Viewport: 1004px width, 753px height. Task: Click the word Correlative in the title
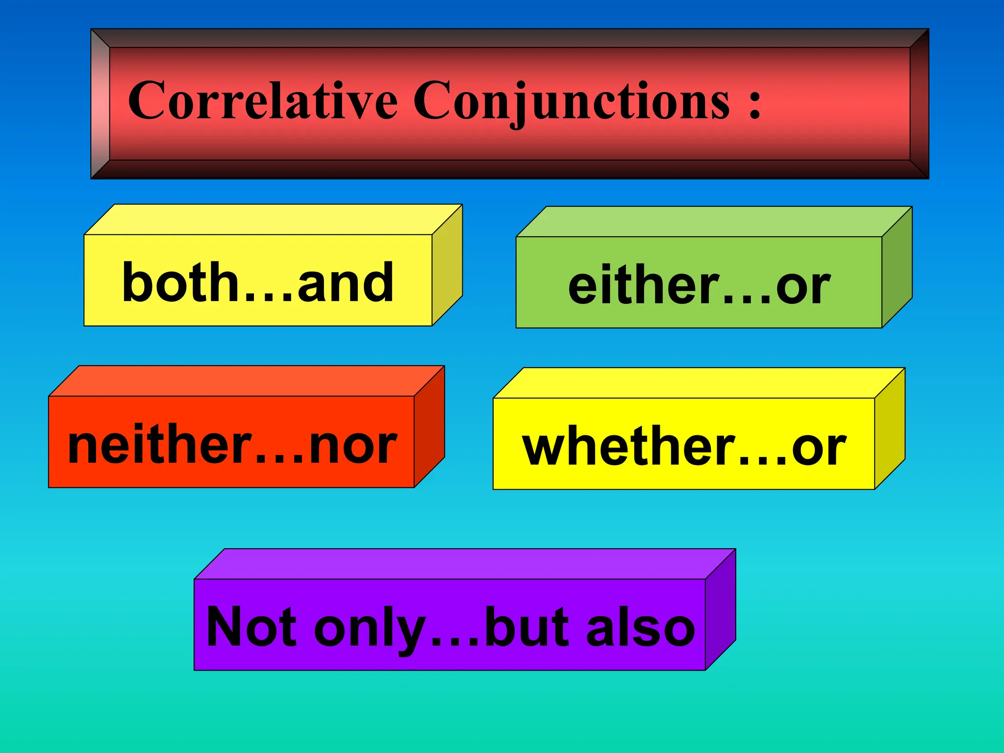pyautogui.click(x=262, y=100)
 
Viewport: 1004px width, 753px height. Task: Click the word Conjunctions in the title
pyautogui.click(x=572, y=100)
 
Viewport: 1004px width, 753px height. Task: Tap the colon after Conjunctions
pyautogui.click(x=754, y=103)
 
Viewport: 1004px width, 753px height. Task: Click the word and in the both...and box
pyautogui.click(x=345, y=283)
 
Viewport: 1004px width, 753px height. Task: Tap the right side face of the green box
pyautogui.click(x=897, y=267)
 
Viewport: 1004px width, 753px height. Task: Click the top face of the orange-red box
pyautogui.click(x=245, y=381)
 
